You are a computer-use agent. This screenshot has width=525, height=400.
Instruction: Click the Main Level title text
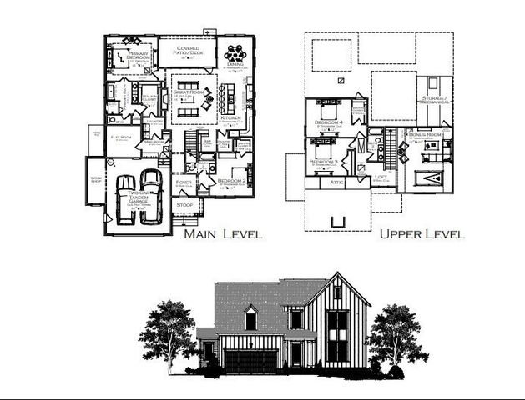(x=223, y=234)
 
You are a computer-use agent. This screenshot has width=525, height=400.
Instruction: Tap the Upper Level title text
(x=422, y=234)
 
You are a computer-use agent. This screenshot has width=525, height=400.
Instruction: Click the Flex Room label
(x=120, y=137)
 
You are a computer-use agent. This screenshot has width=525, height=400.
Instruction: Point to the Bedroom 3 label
(x=323, y=161)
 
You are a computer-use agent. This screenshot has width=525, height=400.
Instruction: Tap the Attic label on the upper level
(x=336, y=181)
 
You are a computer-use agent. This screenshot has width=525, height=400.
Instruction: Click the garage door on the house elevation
(x=250, y=360)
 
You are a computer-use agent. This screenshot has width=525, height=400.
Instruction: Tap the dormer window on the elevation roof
(x=250, y=317)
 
